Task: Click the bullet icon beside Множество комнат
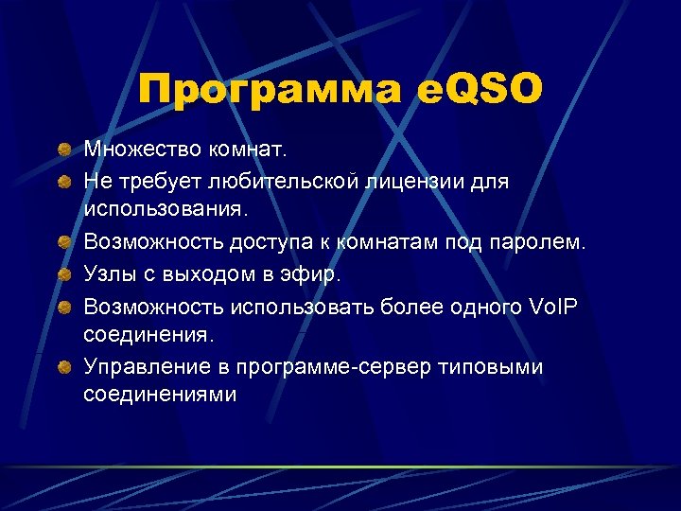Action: pos(62,150)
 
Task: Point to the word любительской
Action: pos(292,181)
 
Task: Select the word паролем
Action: pos(535,243)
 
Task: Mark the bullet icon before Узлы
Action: pos(62,274)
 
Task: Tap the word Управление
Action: pos(142,367)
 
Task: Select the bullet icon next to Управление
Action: pos(62,367)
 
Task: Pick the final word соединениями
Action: pos(160,396)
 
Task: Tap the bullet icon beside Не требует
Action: pos(62,181)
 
